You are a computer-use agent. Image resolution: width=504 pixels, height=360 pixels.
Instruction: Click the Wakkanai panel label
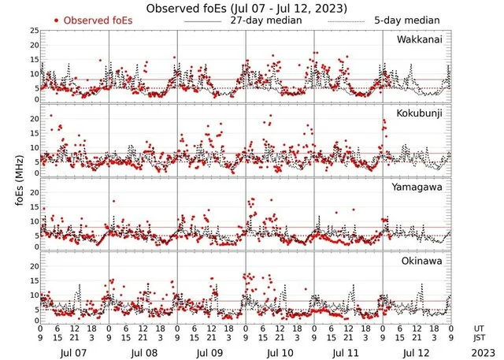pyautogui.click(x=420, y=39)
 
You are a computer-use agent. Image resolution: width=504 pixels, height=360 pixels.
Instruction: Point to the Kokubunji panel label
pyautogui.click(x=420, y=114)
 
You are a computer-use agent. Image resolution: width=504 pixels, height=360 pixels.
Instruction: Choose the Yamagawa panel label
pyautogui.click(x=420, y=187)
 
